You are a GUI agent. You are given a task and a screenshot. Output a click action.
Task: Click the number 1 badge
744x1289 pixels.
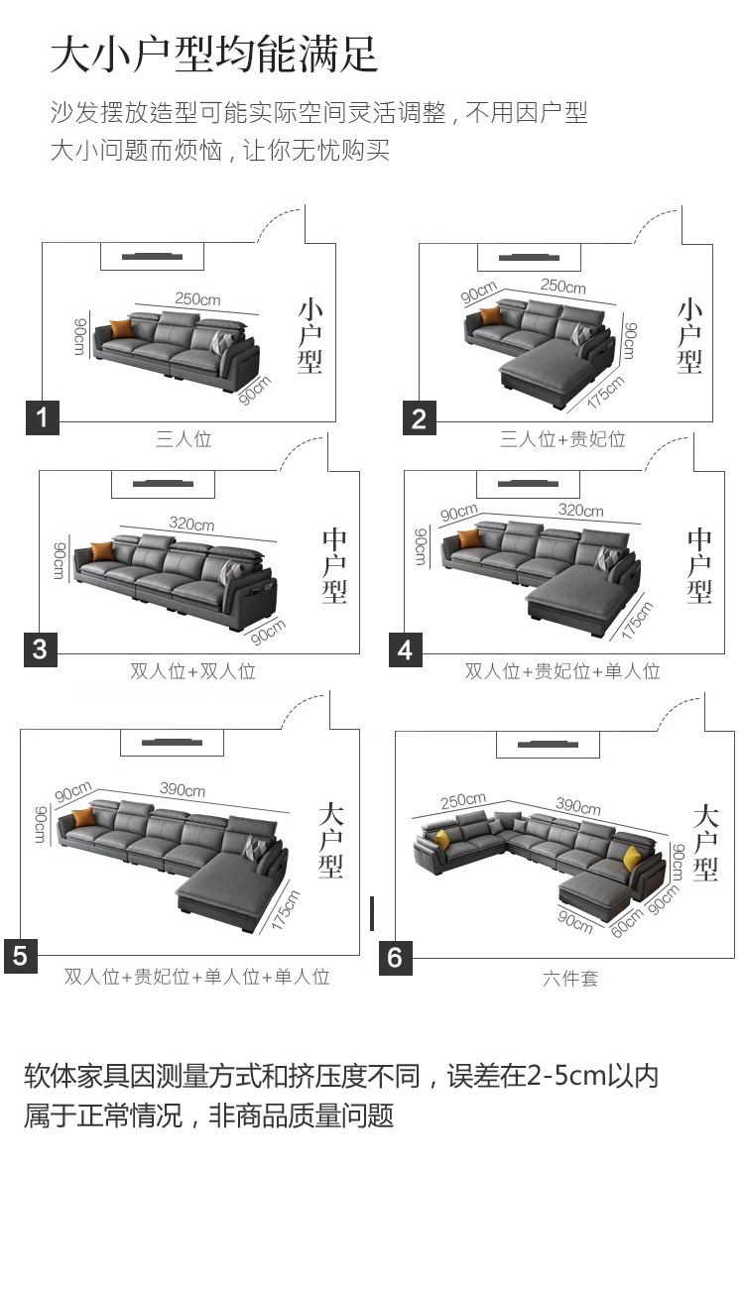pos(42,417)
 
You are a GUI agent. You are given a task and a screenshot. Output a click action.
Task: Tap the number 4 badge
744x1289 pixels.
pos(405,650)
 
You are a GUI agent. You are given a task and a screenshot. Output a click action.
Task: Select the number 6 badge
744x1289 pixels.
pos(395,958)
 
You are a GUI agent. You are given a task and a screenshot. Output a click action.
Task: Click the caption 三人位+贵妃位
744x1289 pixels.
pos(562,439)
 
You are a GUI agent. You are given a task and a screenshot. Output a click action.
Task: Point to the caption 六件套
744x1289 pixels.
pos(570,979)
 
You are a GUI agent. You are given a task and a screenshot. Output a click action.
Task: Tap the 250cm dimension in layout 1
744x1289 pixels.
pos(197,299)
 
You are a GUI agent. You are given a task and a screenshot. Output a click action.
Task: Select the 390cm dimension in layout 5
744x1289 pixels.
pos(183,790)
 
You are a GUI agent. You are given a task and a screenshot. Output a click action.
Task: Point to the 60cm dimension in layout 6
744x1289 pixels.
pos(627,921)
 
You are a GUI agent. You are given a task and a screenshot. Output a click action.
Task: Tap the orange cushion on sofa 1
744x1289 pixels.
pos(121,328)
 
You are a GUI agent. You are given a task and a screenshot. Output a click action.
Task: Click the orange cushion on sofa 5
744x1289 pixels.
pos(82,818)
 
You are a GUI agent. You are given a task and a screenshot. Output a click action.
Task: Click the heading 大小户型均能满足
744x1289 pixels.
pos(214,55)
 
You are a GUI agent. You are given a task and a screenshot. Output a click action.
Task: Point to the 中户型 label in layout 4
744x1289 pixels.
pos(699,566)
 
